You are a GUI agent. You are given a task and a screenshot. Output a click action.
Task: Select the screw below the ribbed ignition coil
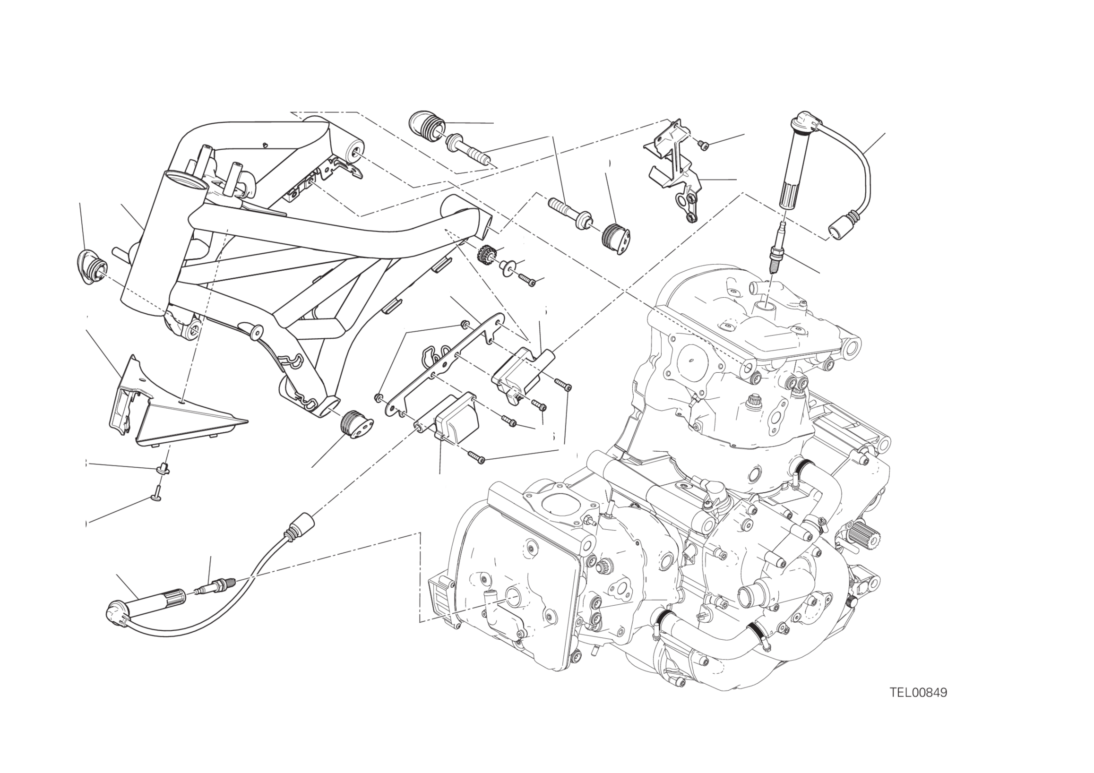[476, 457]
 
